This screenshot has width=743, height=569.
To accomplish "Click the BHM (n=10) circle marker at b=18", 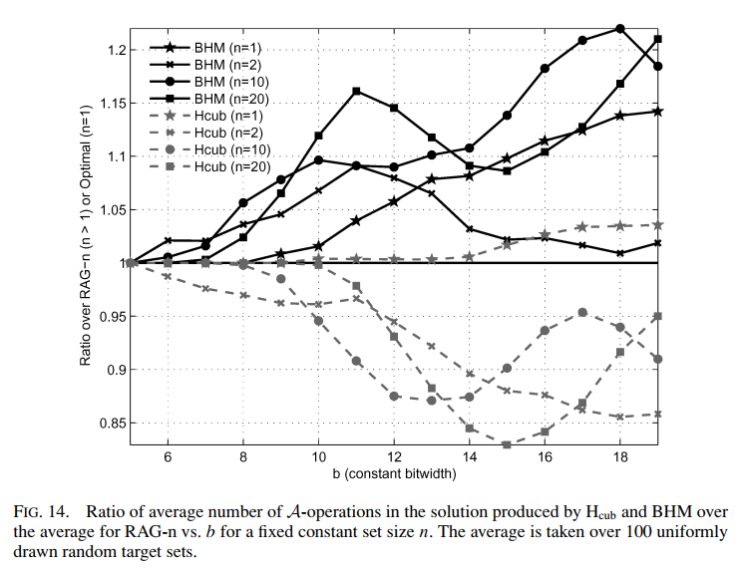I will [x=619, y=28].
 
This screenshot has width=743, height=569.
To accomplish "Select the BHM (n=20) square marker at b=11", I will [x=356, y=91].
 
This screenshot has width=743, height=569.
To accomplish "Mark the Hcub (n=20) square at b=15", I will [x=507, y=444].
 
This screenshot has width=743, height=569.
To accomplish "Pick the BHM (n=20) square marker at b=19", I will [x=657, y=39].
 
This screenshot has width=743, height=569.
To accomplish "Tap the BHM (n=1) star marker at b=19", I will [x=657, y=112].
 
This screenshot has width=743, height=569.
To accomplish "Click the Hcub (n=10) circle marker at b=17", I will [x=582, y=312].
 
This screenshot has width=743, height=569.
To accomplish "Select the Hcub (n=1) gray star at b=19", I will [x=657, y=225].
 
